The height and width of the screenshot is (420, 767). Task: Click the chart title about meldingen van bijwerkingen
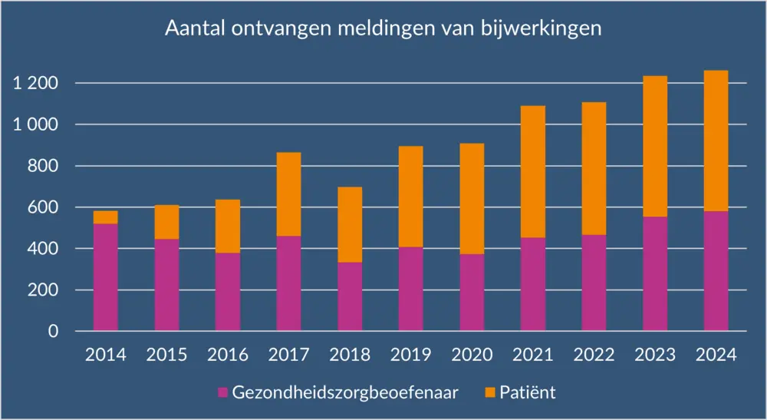383,29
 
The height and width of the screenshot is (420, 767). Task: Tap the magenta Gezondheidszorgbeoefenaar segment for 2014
105,277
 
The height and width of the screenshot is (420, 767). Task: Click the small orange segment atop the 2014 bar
105,217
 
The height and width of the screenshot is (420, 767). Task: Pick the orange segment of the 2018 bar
350,224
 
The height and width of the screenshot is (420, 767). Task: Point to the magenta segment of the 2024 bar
716,271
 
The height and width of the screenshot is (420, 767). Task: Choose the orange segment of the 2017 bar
288,193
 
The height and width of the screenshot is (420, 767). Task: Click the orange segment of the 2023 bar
654,146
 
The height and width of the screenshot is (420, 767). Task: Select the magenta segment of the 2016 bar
227,292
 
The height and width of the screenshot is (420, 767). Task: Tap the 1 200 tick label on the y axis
35,83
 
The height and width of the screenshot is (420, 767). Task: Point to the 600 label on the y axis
43,207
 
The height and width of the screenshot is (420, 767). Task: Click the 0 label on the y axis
53,332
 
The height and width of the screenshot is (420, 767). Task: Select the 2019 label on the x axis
410,355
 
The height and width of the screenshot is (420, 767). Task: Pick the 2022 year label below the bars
594,355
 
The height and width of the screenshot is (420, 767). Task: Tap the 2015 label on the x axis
166,355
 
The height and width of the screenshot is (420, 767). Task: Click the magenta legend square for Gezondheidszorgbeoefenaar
223,393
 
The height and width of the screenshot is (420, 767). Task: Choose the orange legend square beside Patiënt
489,393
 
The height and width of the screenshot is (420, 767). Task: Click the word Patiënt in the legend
528,393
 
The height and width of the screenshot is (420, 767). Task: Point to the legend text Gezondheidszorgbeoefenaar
346,393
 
